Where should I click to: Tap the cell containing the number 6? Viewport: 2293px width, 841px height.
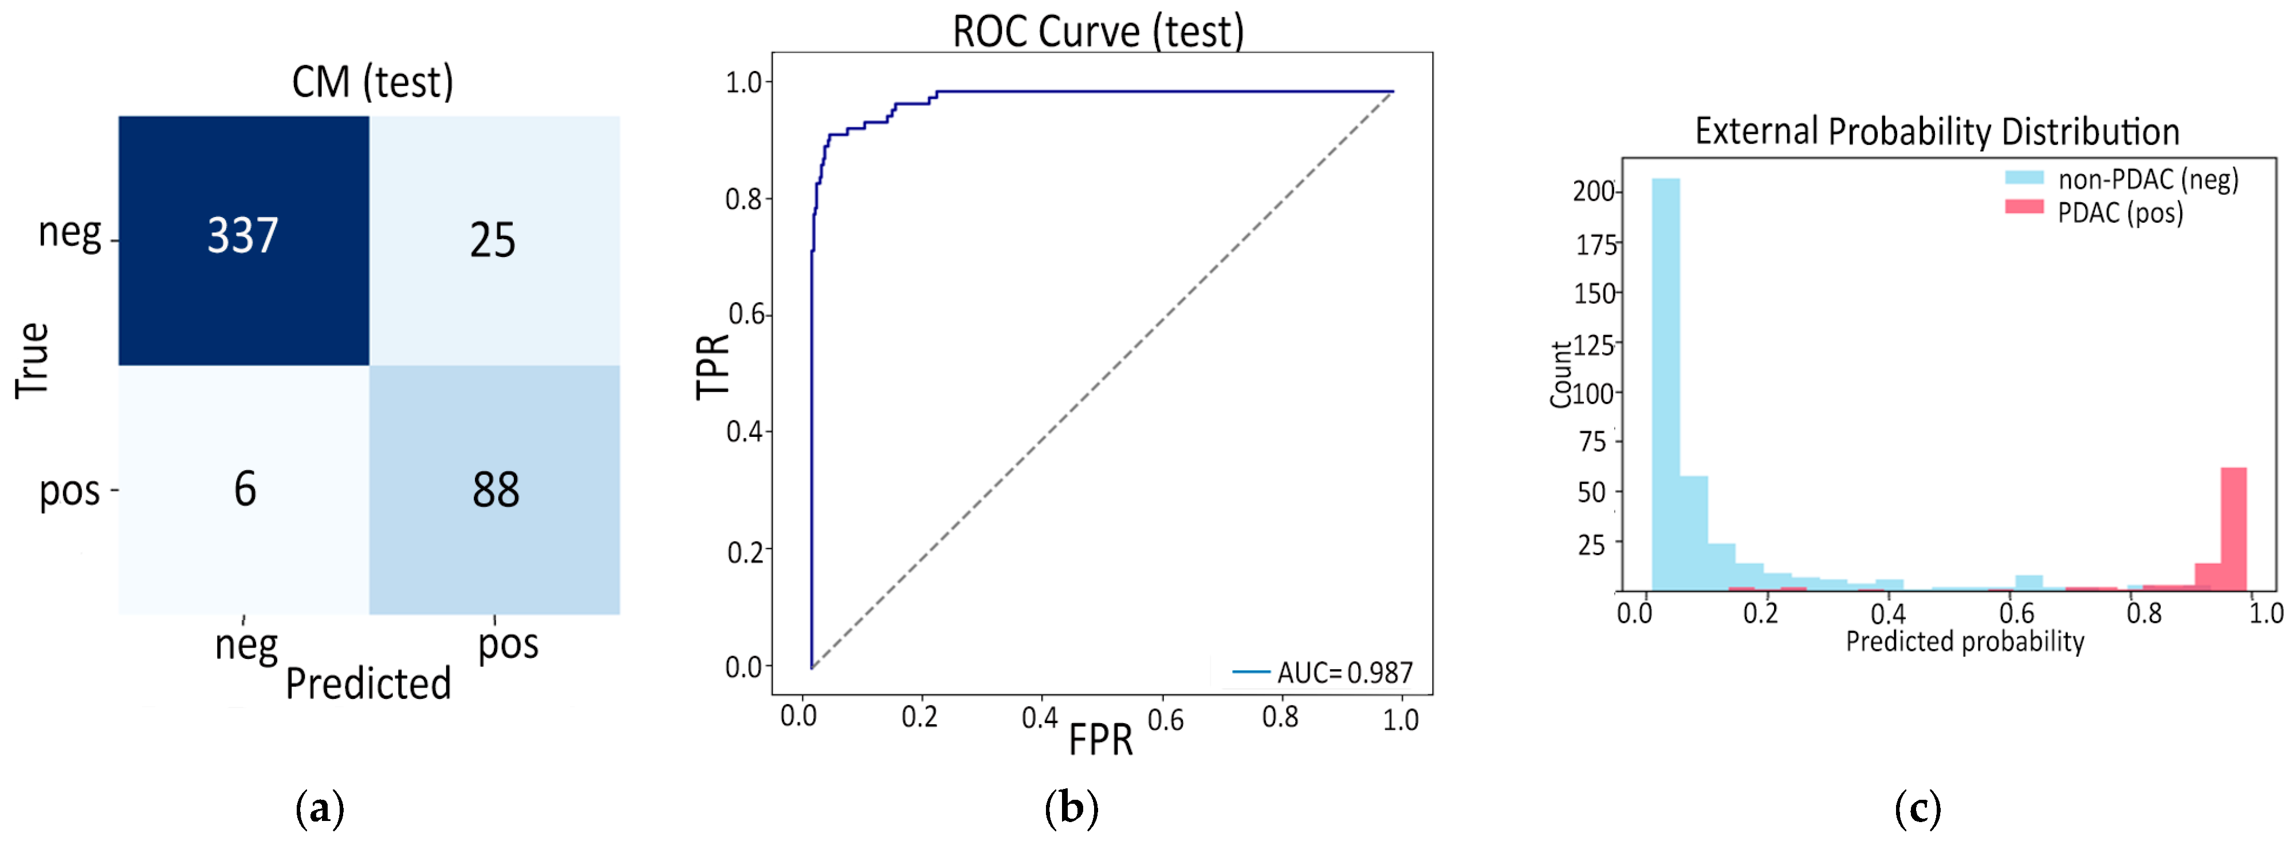(x=245, y=489)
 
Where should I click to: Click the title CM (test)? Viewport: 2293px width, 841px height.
(x=372, y=82)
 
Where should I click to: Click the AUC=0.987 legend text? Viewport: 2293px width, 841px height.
(x=1344, y=673)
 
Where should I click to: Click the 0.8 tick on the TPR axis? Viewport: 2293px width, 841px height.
(x=744, y=199)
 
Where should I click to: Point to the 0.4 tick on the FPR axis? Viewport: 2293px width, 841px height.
(x=1040, y=717)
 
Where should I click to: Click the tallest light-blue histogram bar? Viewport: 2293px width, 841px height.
(x=1665, y=382)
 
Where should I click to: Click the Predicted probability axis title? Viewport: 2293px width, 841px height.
(x=1965, y=642)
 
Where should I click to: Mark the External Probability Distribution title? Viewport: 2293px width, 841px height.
(x=1937, y=132)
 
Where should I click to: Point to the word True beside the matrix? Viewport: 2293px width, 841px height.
(x=33, y=361)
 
